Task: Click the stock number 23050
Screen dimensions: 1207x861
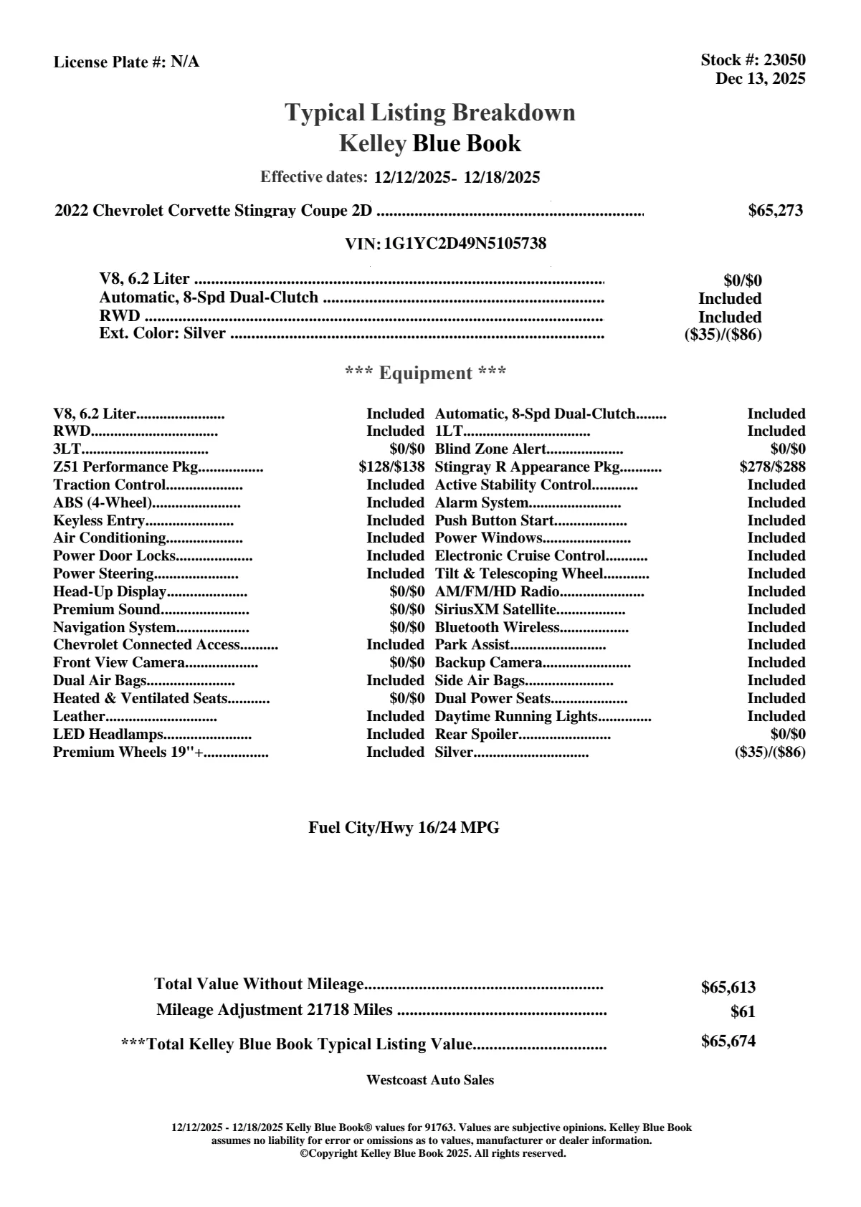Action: pos(784,60)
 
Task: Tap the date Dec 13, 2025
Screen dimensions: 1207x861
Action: pos(760,78)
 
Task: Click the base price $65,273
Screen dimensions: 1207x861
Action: pos(775,211)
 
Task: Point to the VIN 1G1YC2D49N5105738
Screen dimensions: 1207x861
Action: pos(465,244)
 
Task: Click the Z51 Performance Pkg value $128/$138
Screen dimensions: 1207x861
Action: pos(391,467)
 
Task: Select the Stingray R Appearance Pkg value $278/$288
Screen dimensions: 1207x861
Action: pos(772,467)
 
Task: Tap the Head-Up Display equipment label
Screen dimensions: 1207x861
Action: pos(110,592)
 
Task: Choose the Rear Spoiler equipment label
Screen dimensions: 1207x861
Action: pos(476,735)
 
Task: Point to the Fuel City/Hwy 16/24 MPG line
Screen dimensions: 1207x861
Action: pos(404,828)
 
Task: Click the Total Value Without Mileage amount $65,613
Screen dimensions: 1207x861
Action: pos(728,988)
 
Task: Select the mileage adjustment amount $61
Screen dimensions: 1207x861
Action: pos(743,1013)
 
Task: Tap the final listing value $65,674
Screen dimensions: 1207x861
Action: pos(728,1041)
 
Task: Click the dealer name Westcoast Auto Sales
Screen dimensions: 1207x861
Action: pos(429,1080)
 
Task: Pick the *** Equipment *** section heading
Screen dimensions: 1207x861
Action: pos(426,373)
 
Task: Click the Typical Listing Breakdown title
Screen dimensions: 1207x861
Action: pos(430,113)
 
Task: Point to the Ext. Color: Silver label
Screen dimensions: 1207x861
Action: pos(162,333)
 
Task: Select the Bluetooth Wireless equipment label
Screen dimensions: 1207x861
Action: pos(497,628)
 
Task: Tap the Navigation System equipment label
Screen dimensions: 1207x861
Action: pos(114,628)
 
